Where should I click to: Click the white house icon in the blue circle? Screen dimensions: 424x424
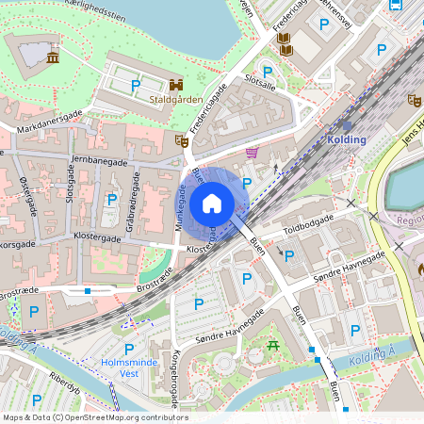211,203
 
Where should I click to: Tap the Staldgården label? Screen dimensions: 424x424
177,98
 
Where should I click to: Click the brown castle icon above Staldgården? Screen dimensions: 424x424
176,84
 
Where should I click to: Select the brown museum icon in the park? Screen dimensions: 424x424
53,58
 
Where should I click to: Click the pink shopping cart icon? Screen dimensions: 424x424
252,152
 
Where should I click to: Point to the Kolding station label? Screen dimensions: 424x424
347,139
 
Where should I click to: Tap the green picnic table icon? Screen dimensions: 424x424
273,346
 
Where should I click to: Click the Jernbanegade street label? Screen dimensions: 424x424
99,162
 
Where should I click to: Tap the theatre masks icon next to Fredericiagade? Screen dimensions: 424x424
182,141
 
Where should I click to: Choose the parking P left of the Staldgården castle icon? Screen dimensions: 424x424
135,86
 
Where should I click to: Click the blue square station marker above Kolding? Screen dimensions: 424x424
347,124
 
